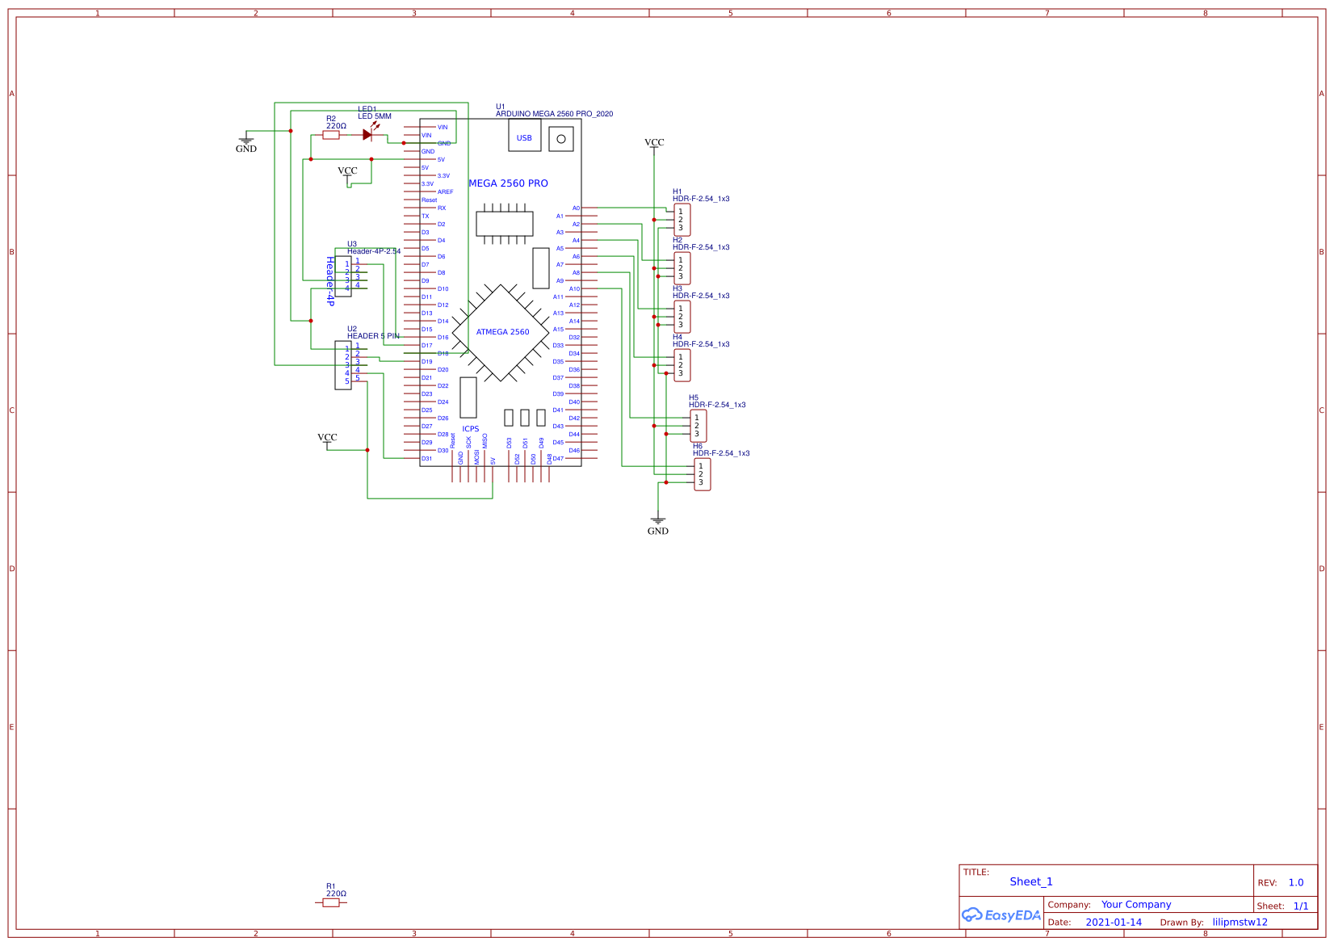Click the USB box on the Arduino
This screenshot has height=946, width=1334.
(x=524, y=137)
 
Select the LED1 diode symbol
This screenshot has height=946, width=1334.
(x=367, y=135)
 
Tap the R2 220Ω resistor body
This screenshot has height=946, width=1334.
(x=331, y=135)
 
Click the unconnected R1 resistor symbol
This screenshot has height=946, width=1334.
(x=331, y=902)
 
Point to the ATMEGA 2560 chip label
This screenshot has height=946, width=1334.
(x=502, y=332)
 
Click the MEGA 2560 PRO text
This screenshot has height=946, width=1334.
(x=508, y=183)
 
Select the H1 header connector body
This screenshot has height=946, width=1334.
(x=682, y=220)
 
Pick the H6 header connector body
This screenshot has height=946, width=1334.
(x=702, y=475)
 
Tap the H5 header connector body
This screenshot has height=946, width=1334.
(x=698, y=426)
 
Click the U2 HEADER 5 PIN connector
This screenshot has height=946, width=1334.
(x=343, y=365)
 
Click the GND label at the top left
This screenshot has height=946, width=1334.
(x=246, y=149)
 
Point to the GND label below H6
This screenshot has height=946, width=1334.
(x=658, y=531)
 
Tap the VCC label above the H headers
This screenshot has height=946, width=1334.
(x=654, y=142)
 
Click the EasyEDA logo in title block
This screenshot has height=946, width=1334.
(x=1001, y=915)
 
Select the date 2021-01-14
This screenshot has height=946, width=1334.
(x=1114, y=922)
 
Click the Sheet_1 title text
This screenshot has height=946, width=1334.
(x=1031, y=881)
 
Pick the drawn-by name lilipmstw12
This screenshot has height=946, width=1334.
(x=1240, y=922)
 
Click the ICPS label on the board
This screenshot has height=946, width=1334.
(x=471, y=429)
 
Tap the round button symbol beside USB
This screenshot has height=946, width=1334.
(x=561, y=139)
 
